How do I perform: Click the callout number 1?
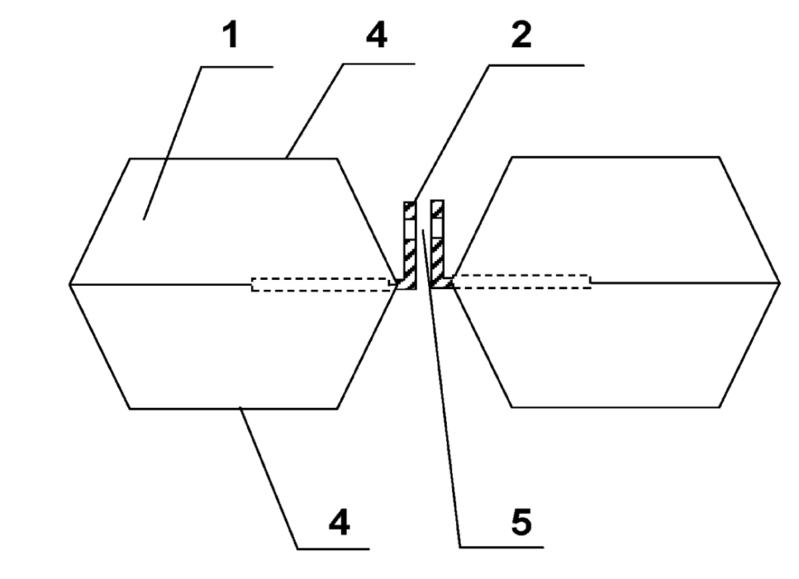[231, 35]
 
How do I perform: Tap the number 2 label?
[521, 35]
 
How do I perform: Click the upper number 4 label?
[377, 35]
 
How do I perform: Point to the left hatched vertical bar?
[410, 245]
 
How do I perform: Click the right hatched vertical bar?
[437, 244]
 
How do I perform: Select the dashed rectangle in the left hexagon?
[321, 285]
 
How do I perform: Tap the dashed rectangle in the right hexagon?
[521, 282]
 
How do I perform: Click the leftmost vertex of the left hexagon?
[69, 285]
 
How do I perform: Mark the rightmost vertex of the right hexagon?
[780, 283]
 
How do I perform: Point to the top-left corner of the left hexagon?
[129, 159]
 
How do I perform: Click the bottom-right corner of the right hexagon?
[720, 407]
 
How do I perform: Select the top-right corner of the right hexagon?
[719, 157]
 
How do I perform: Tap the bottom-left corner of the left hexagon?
[129, 409]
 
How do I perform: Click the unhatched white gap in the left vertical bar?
[410, 229]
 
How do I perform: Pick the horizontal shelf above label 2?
[537, 66]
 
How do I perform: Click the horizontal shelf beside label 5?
[501, 547]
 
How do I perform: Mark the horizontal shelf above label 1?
[237, 67]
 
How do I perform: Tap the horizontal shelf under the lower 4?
[334, 549]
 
